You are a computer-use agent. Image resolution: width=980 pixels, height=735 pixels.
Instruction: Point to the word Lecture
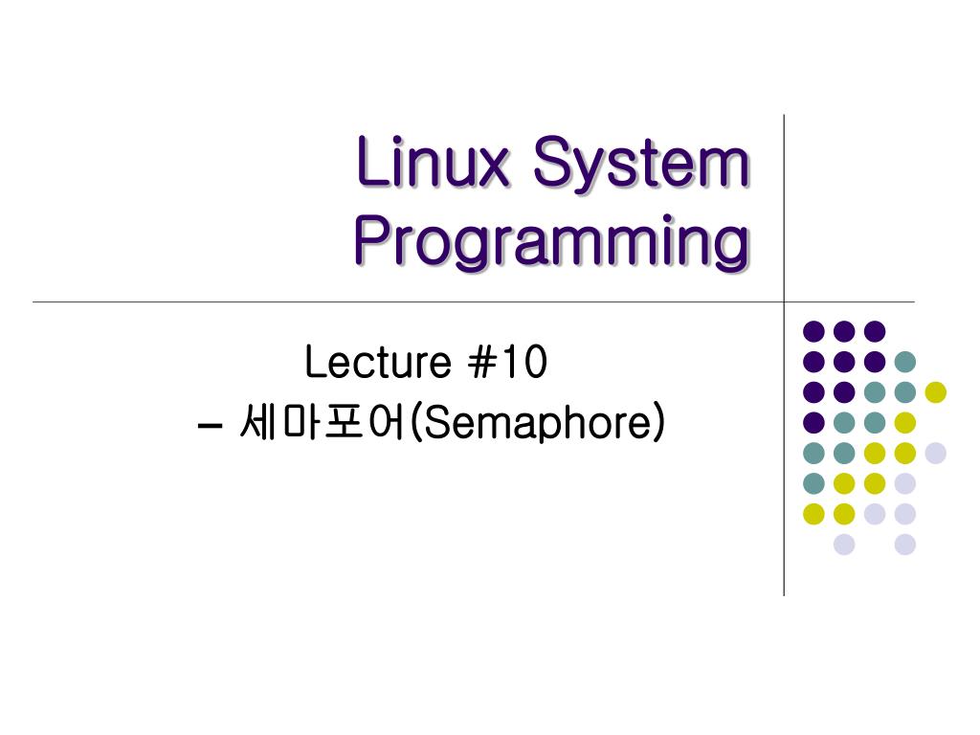pos(377,364)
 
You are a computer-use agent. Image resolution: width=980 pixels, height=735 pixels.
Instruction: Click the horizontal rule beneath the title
pos(383,301)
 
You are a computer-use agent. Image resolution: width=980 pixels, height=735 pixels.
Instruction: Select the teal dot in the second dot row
pos(904,362)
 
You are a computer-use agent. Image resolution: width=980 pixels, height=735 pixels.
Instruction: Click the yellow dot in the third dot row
pos(935,391)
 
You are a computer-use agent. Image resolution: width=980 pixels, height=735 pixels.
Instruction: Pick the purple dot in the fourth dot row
pos(813,422)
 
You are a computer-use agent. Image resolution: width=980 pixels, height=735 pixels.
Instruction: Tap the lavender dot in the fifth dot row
pos(935,453)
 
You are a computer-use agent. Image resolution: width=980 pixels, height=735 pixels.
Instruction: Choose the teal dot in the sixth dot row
pos(813,483)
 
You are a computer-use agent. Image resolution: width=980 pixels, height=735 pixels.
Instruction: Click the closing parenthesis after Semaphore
pos(657,423)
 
